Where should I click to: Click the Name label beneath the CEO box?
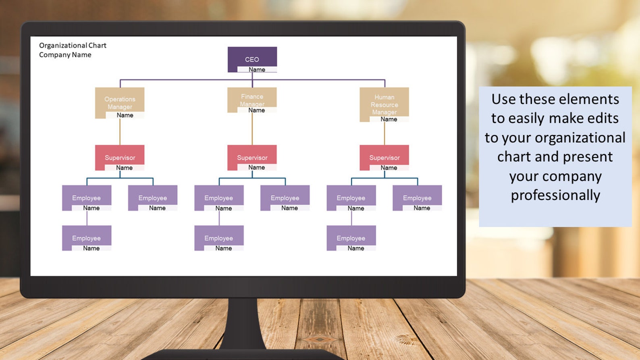tap(257, 70)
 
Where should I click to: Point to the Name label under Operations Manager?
tap(125, 115)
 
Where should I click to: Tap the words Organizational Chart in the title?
tap(73, 46)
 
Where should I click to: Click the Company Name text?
tap(65, 55)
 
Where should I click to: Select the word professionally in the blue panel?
tap(555, 196)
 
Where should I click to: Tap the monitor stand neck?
tap(243, 323)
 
